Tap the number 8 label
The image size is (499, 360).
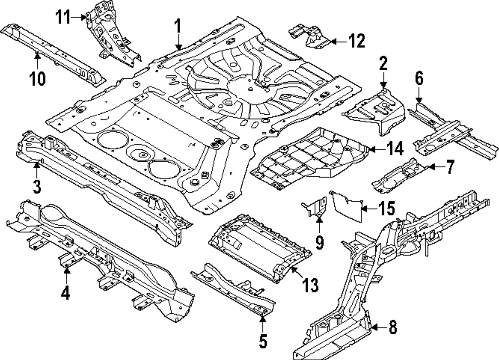(x=393, y=328)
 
